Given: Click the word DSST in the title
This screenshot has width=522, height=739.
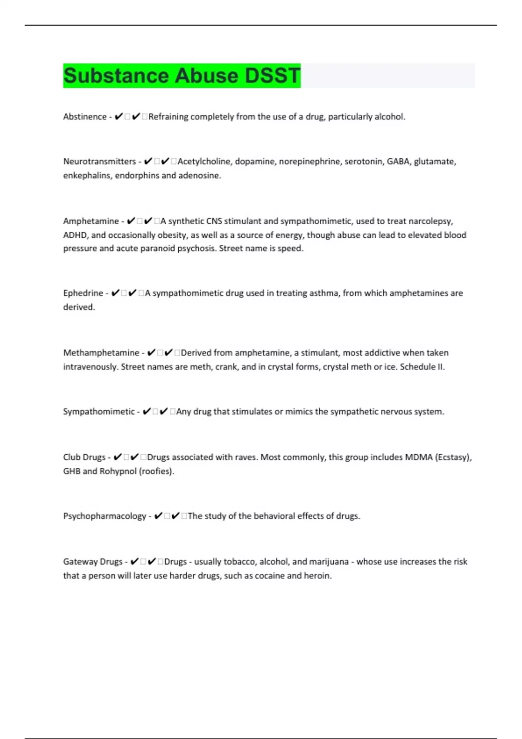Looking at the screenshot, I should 272,76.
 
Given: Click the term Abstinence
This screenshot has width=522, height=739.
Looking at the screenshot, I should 85,117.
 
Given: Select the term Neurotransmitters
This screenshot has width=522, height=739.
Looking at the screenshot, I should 100,161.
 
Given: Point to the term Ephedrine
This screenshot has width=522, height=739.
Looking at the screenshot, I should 83,293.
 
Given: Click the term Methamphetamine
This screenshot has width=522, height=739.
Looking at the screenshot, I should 101,353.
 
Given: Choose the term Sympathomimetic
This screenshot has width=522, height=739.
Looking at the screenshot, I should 99,411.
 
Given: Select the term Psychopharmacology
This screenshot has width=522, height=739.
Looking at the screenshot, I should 104,516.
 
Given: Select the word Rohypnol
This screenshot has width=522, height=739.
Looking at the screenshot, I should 118,471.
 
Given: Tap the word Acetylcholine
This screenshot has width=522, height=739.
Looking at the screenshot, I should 204,161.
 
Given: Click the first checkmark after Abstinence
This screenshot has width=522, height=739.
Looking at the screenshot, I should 118,117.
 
